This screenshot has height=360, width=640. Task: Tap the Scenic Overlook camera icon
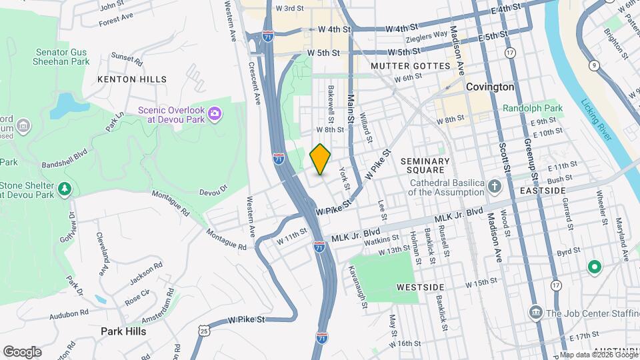(x=215, y=114)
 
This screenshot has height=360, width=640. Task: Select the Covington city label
(x=490, y=87)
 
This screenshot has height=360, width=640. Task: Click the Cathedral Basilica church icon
(x=494, y=186)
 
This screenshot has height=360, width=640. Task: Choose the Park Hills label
(x=123, y=331)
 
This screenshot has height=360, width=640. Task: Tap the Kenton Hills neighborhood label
(x=132, y=79)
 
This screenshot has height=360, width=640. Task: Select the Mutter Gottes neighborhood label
(x=411, y=66)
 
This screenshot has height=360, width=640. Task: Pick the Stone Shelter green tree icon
(x=65, y=189)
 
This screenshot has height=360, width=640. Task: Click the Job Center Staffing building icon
(x=535, y=313)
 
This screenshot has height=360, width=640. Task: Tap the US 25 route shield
(x=203, y=329)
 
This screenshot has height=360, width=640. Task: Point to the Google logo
(x=22, y=351)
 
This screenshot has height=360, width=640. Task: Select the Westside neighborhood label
(x=420, y=287)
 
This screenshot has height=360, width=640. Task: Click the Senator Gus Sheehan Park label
(x=61, y=56)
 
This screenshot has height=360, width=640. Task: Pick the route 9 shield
(x=593, y=65)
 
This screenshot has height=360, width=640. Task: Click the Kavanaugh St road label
(x=357, y=287)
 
